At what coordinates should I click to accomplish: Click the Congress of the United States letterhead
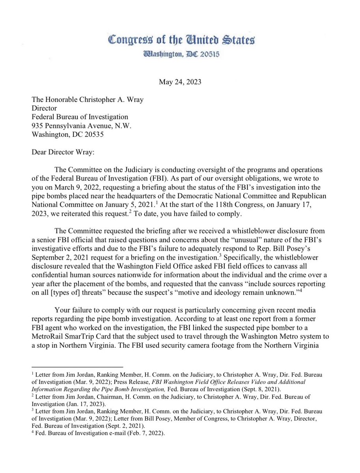point(181,40)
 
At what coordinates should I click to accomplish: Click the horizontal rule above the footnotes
point(77,367)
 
